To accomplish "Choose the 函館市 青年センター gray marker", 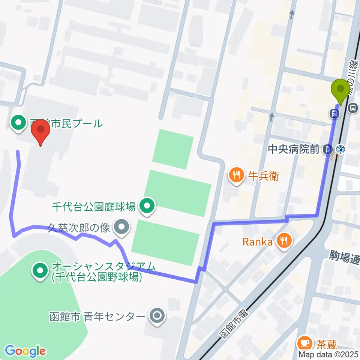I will [156, 316].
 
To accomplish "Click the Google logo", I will [25, 351].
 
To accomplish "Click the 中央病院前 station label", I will [293, 150].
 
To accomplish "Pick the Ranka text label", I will [257, 241].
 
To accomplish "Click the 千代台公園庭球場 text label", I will [94, 206].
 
